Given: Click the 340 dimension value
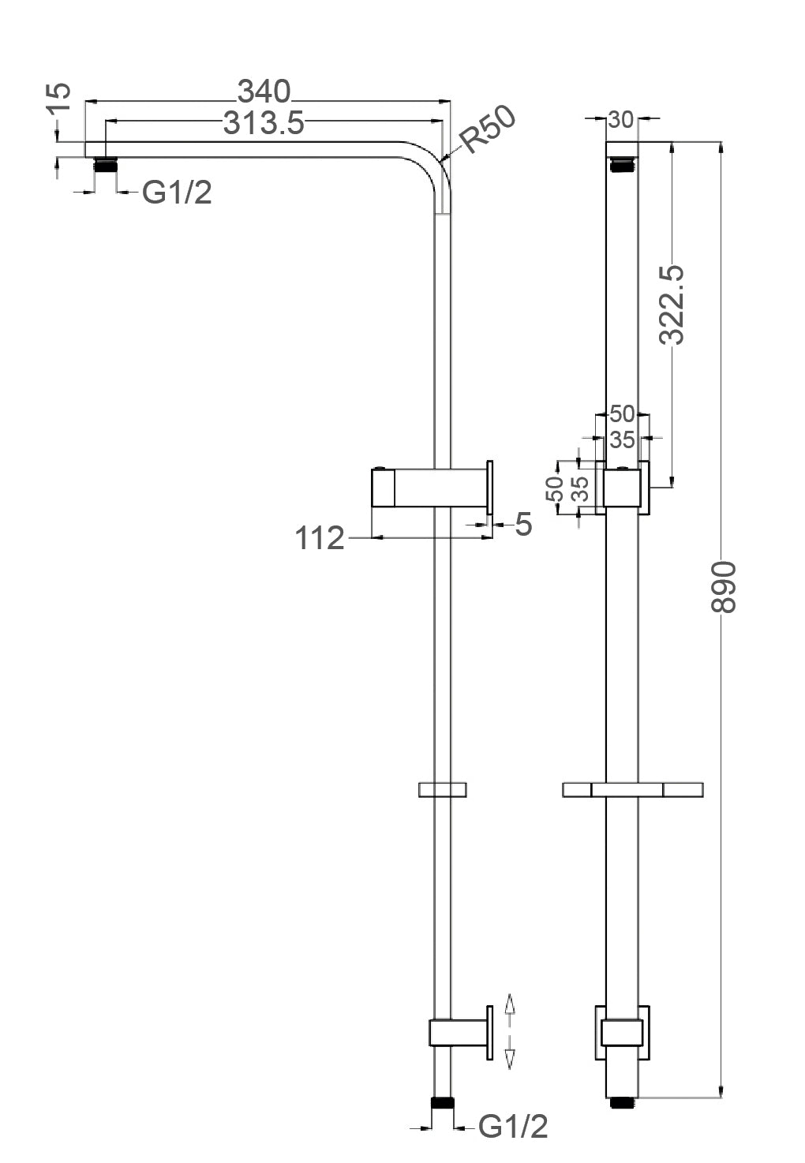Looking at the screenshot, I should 264,92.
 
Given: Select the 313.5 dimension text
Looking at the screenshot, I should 264,124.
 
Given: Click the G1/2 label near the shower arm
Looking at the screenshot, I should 177,192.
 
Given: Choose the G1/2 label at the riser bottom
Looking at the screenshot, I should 513,1127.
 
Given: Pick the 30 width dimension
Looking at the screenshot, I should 621,119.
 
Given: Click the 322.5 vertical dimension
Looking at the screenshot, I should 672,305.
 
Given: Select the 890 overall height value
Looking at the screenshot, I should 723,588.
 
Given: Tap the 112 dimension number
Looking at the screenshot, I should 320,539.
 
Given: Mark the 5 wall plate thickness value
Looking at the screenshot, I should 523,524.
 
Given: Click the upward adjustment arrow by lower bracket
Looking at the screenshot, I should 509,1004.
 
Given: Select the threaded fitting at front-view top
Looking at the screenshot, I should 621,164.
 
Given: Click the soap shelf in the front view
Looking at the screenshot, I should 632,789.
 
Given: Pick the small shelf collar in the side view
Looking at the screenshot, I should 442,789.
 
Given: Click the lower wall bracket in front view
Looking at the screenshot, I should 621,1033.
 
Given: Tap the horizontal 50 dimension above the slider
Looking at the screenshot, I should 622,413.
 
